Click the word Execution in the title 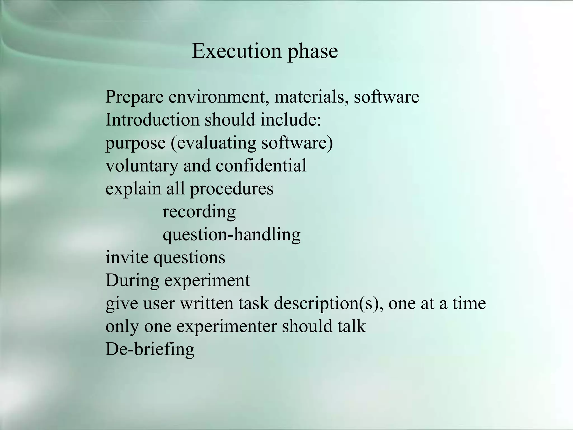(x=237, y=51)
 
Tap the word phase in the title (x=313, y=52)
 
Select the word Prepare (x=134, y=97)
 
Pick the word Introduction (x=152, y=120)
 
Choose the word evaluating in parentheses (x=216, y=143)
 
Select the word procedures (x=232, y=189)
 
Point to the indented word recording (x=199, y=212)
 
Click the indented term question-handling (x=231, y=235)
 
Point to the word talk (x=351, y=326)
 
